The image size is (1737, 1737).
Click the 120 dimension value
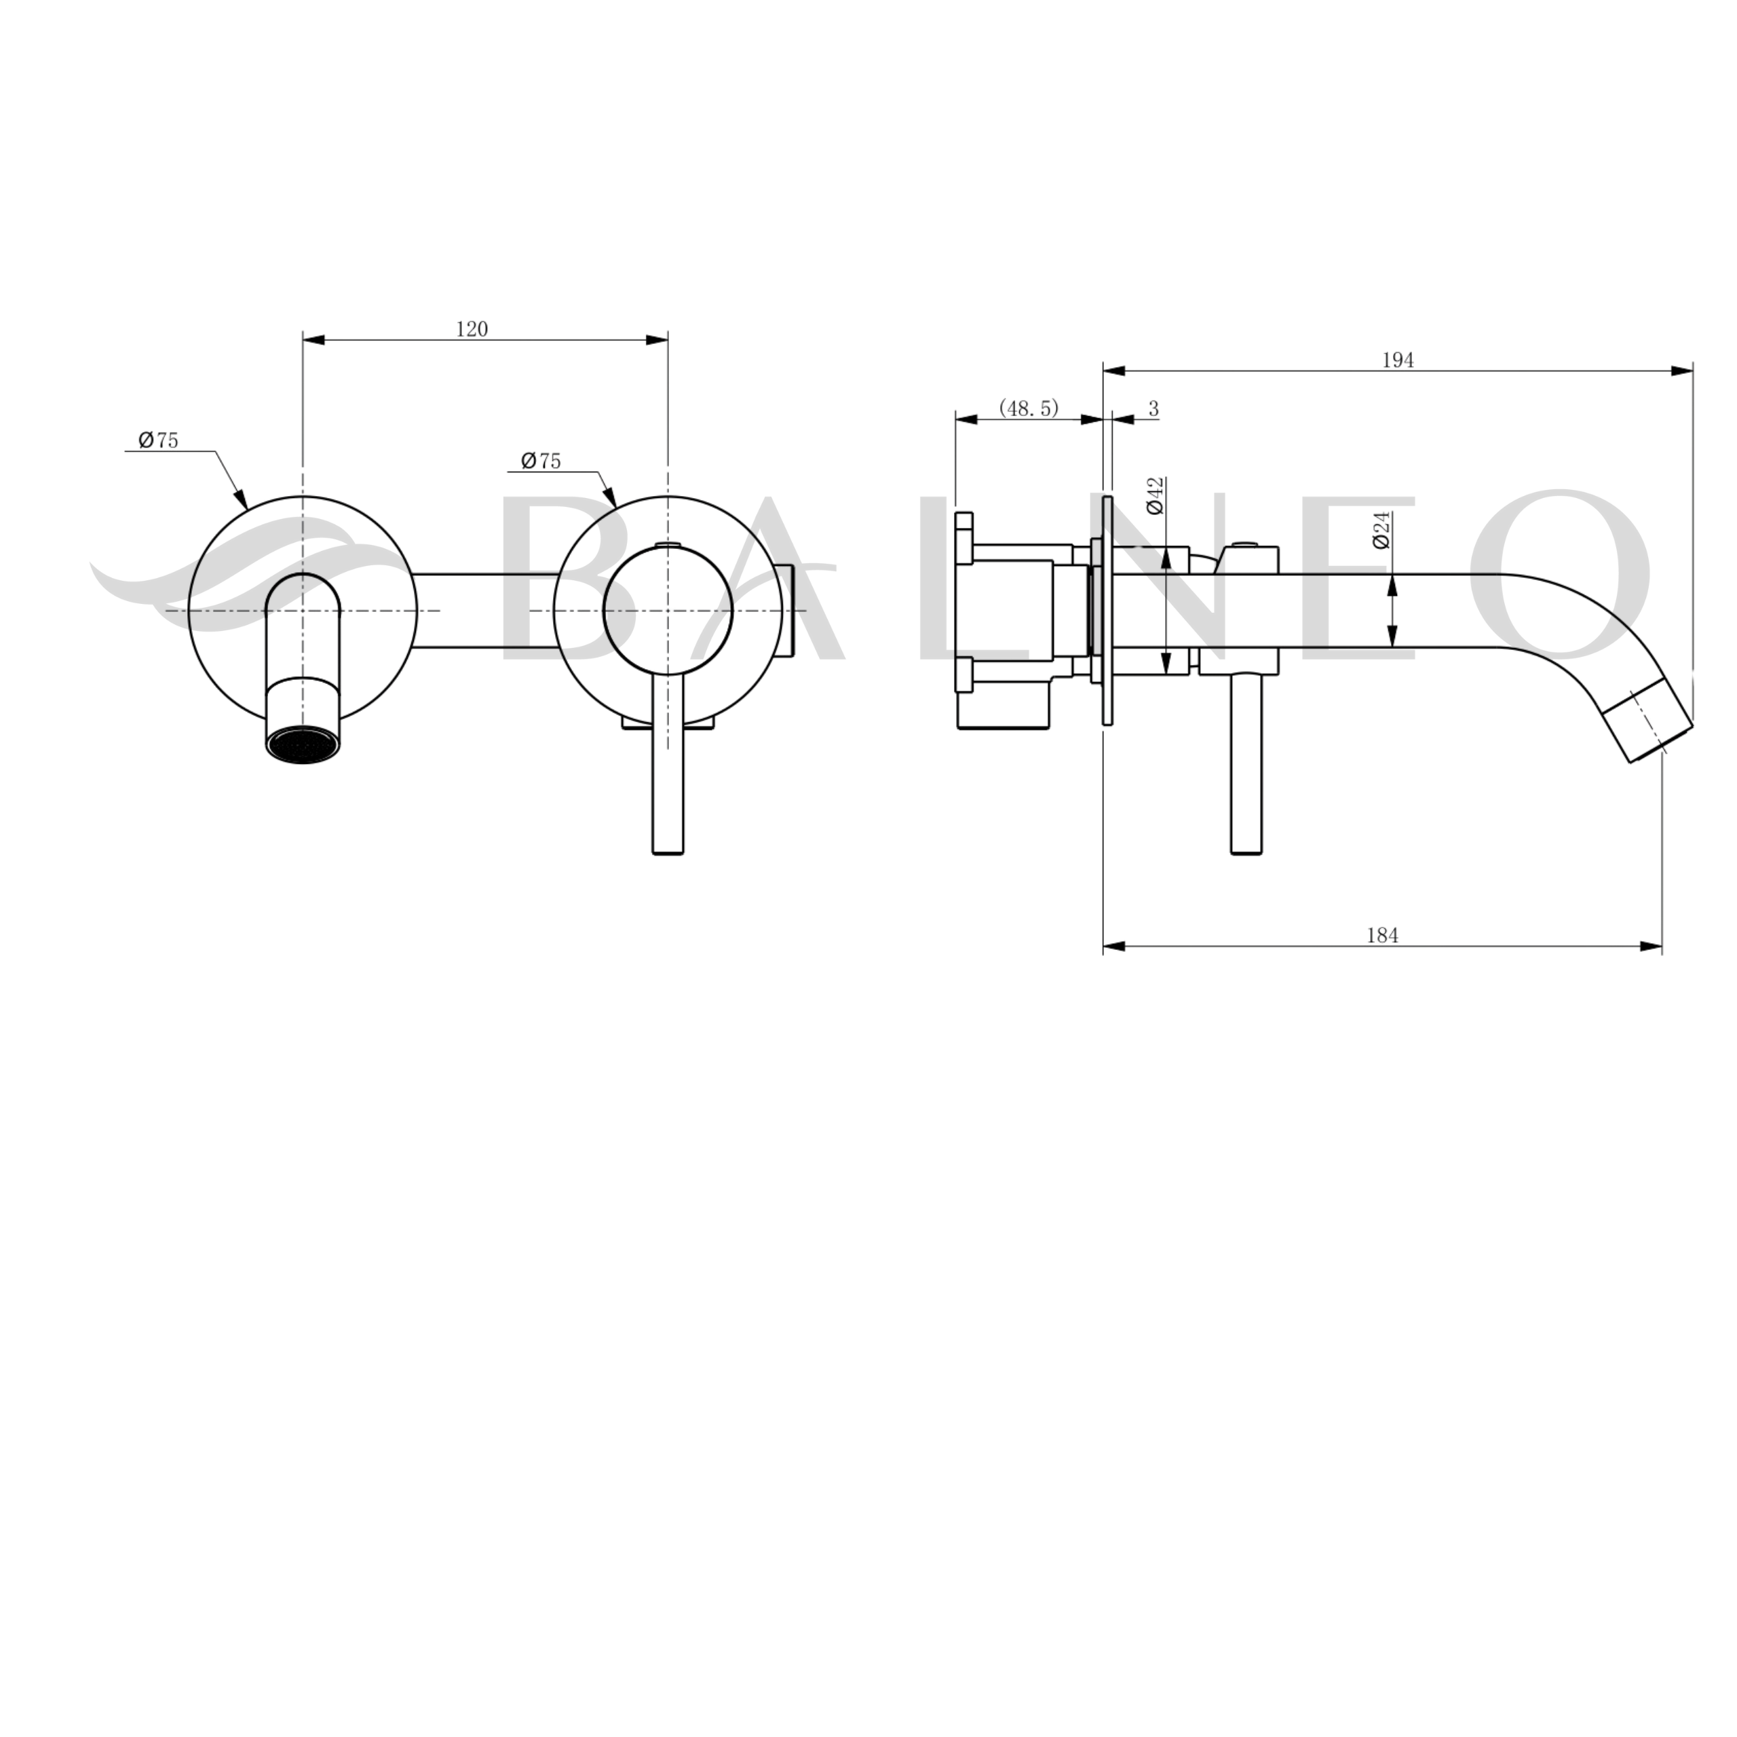click(x=472, y=329)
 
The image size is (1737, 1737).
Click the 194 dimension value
click(x=1398, y=360)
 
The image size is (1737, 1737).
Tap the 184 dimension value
click(x=1383, y=936)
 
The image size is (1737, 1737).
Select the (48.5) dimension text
click(x=1029, y=408)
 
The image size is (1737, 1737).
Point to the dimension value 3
click(x=1153, y=409)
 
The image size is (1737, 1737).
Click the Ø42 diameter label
click(x=1156, y=495)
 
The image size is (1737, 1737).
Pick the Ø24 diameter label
click(x=1382, y=529)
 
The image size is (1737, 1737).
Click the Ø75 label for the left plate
click(x=158, y=440)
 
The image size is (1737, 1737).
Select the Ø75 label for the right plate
click(x=541, y=461)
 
